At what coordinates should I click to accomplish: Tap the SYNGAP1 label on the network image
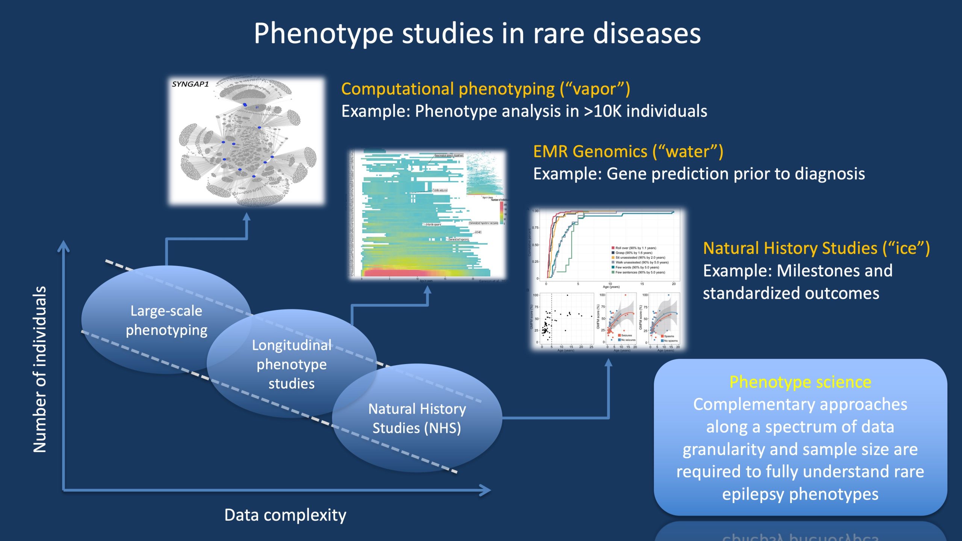pos(190,84)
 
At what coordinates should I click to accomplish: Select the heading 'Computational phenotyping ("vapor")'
pos(485,89)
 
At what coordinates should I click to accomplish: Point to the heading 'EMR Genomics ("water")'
pos(628,151)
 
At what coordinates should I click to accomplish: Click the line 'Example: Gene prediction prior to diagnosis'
pos(699,174)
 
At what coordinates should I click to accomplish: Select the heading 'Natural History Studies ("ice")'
pos(816,248)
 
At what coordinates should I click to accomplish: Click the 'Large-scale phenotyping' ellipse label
pos(166,320)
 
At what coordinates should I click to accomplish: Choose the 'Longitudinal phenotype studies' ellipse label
pos(292,364)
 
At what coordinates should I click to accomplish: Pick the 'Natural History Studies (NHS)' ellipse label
pos(417,418)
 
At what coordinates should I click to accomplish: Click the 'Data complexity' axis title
pos(285,515)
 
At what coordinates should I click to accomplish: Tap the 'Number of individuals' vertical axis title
pos(40,369)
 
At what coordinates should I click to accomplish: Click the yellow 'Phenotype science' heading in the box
pos(800,382)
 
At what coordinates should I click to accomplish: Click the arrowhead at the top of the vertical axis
pos(64,246)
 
